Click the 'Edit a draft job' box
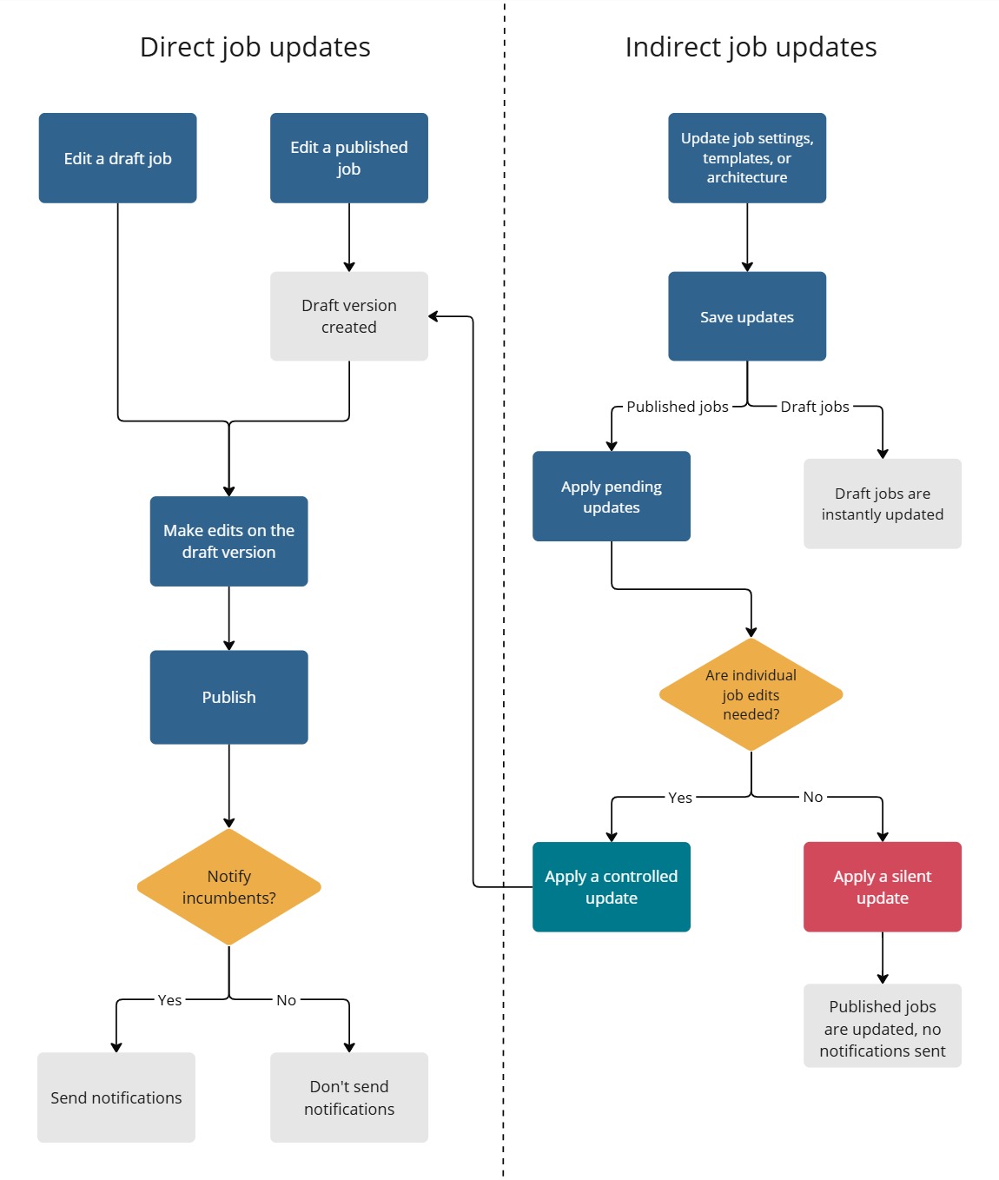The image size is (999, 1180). (x=117, y=158)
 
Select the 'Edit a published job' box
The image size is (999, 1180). (x=348, y=158)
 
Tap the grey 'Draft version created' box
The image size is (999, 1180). (x=348, y=316)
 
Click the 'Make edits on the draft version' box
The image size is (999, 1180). (x=228, y=541)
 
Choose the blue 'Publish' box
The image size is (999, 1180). (x=228, y=697)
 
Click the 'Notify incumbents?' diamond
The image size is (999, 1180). (x=228, y=887)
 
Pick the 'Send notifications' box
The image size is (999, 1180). (x=116, y=1097)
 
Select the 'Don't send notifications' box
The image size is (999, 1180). (x=348, y=1097)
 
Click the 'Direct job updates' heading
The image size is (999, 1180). (x=255, y=47)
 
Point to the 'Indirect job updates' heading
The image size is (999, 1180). (x=751, y=47)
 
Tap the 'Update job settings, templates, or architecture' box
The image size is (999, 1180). (x=746, y=158)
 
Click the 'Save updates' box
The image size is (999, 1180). (x=746, y=316)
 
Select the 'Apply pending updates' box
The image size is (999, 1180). (x=611, y=496)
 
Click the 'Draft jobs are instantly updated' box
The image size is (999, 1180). (x=882, y=504)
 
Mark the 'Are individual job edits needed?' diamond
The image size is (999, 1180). (x=751, y=694)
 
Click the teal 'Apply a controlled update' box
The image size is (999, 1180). (x=611, y=887)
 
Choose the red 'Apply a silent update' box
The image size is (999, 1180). (x=882, y=887)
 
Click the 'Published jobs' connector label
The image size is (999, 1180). (x=678, y=407)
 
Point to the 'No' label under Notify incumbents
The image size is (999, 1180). (x=286, y=1000)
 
